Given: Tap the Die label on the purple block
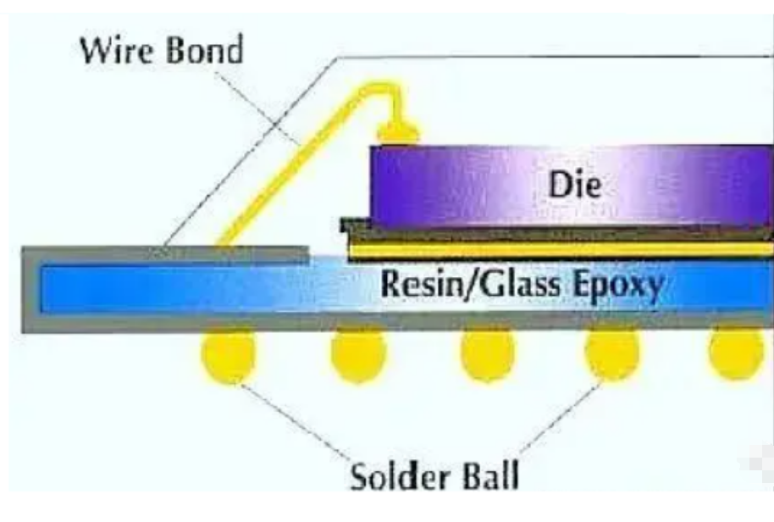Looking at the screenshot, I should point(575,185).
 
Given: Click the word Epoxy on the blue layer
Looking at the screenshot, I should point(618,286).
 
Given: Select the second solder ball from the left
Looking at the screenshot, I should point(358,354).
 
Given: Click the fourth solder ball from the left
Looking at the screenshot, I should point(612,354).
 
